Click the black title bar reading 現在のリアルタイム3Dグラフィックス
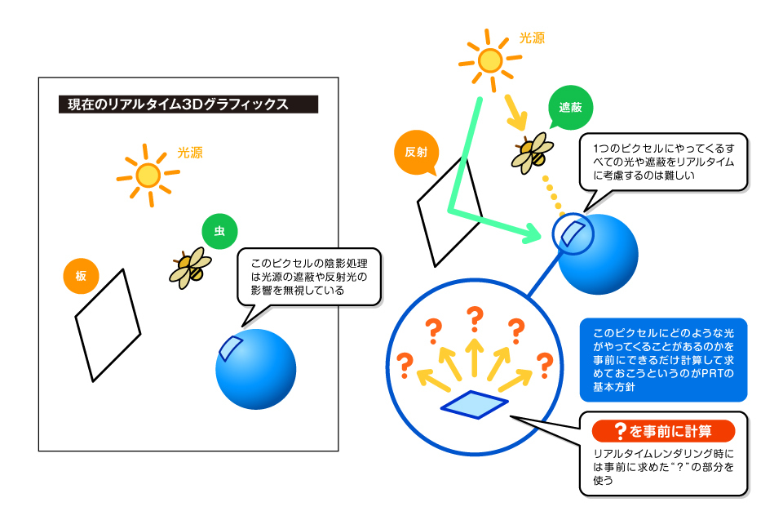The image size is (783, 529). [x=188, y=104]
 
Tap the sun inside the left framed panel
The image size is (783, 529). [x=148, y=176]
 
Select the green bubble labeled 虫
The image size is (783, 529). [x=219, y=231]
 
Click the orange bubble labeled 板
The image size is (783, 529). [x=81, y=275]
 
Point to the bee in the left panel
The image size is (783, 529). [x=191, y=268]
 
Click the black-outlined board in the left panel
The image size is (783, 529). [x=108, y=326]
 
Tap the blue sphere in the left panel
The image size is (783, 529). [x=255, y=369]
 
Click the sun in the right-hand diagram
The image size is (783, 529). [x=490, y=60]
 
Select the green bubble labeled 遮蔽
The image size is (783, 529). [x=570, y=108]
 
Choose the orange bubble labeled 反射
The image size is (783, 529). [x=416, y=152]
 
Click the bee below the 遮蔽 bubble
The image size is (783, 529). [x=533, y=153]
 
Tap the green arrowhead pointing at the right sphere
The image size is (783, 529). [x=533, y=233]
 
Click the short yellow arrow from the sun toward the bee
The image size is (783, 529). [x=515, y=112]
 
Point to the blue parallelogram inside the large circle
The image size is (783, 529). [x=475, y=404]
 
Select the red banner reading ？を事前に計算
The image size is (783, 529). [x=663, y=431]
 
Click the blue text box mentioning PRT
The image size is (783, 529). [x=663, y=360]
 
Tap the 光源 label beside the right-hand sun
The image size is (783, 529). [x=532, y=38]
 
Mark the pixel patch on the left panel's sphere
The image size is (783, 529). [x=230, y=348]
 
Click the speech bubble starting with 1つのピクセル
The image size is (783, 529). [x=663, y=162]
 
